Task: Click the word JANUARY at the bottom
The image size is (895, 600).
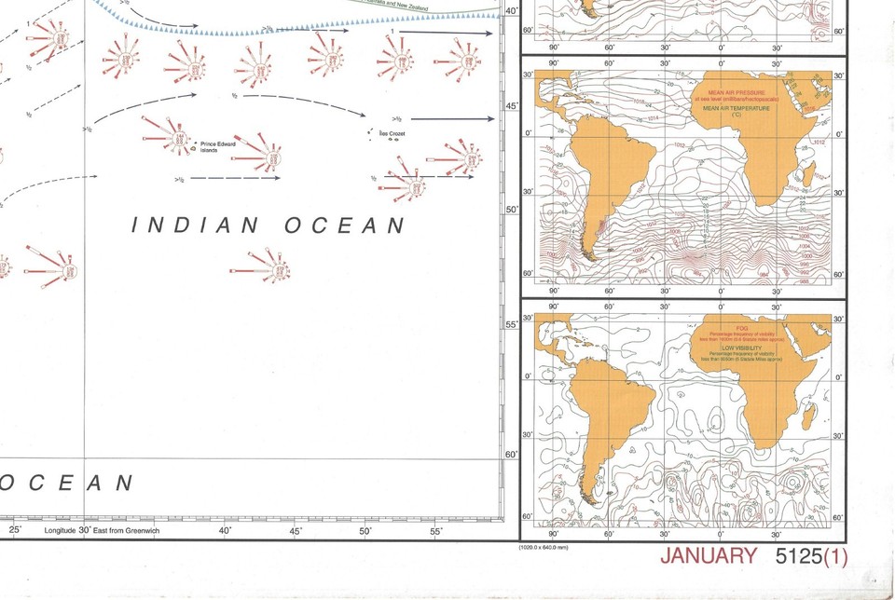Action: click(709, 556)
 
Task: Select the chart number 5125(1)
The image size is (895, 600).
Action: click(811, 556)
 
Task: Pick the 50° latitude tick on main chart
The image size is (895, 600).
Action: click(510, 209)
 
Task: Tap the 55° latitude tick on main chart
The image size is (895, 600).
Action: click(510, 324)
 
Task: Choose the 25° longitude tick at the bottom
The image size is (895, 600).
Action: click(15, 529)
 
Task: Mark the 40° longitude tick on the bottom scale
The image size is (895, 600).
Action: click(225, 529)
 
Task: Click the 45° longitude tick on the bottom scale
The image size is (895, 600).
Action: click(296, 529)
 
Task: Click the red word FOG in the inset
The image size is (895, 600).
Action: click(742, 329)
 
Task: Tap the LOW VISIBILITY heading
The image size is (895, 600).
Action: click(742, 348)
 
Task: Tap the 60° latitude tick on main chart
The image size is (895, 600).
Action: click(510, 454)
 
